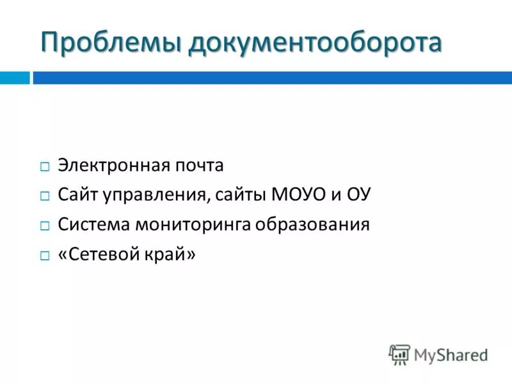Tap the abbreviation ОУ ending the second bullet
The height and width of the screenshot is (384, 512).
click(x=358, y=195)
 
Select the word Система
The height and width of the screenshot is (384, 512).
click(x=90, y=225)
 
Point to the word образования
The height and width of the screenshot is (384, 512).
click(x=315, y=225)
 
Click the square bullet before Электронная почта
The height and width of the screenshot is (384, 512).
click(x=44, y=167)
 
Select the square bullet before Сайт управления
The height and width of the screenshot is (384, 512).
click(x=44, y=196)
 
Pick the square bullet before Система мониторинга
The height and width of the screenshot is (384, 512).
click(x=44, y=226)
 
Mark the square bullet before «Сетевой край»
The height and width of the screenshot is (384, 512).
click(x=44, y=255)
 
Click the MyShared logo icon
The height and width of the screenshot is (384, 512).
click(x=400, y=354)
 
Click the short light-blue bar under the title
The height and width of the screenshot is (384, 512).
click(x=14, y=78)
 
